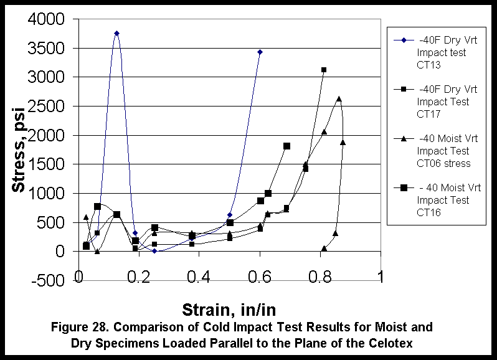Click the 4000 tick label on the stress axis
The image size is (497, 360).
tap(46, 19)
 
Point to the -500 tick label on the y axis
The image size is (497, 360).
tap(49, 280)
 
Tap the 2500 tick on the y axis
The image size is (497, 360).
tap(46, 107)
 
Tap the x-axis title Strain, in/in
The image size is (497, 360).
tap(229, 309)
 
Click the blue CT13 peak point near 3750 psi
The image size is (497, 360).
tap(116, 33)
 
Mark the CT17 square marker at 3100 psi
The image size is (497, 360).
tap(324, 70)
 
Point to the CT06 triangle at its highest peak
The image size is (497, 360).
tap(339, 98)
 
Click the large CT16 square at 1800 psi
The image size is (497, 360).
tap(286, 146)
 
